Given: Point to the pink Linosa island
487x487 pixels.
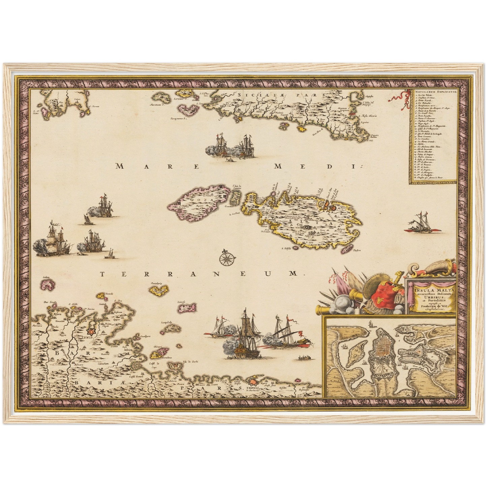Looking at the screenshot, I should point(183,307).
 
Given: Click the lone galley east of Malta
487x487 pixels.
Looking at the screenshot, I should point(421,224).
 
